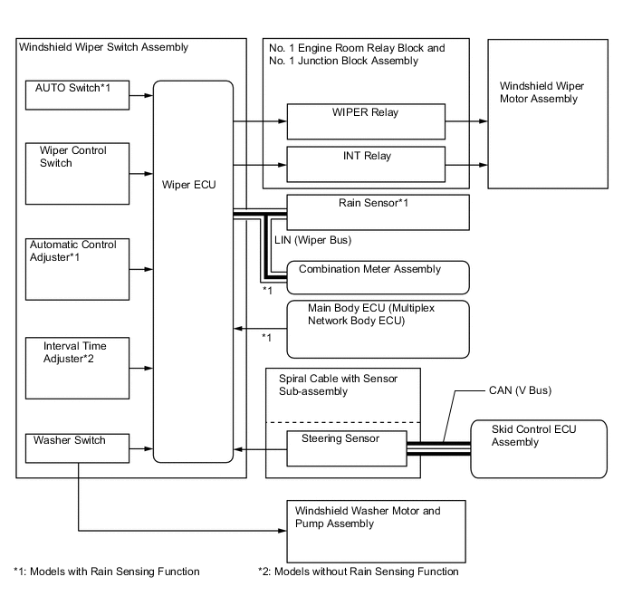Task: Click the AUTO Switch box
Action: coord(76,94)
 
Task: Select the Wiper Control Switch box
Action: coord(76,170)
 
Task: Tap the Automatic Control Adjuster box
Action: coord(76,270)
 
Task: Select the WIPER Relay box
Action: coord(366,119)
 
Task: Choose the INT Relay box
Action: coord(366,163)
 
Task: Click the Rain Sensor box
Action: coord(377,212)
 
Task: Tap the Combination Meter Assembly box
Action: coord(377,275)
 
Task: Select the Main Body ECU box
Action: coord(377,328)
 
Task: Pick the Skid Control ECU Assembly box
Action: coord(538,448)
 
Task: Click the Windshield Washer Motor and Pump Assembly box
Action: coord(376,531)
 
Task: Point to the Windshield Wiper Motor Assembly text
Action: coord(542,92)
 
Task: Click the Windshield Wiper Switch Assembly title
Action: coord(104,47)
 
